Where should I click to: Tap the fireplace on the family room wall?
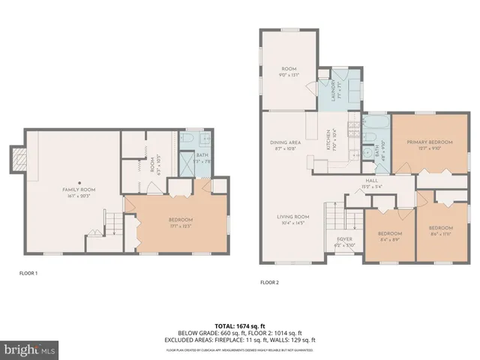tap(16, 157)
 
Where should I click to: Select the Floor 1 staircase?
tap(112, 222)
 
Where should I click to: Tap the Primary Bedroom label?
tap(429, 142)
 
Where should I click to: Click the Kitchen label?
tap(329, 142)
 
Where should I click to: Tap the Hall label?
tap(371, 180)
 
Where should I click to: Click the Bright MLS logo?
tap(31, 349)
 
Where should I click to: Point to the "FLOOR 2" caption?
tap(269, 283)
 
